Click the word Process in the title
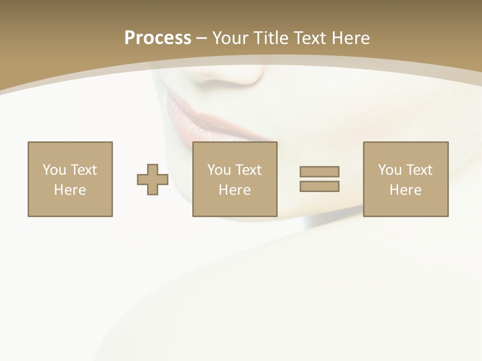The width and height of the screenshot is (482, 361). [x=158, y=38]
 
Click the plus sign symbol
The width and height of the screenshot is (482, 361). [x=153, y=179]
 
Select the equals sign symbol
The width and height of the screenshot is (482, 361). [x=319, y=179]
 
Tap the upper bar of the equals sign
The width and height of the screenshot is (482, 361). [x=319, y=171]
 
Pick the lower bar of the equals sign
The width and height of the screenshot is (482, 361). [x=319, y=186]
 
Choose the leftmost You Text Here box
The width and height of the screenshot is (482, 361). [x=70, y=179]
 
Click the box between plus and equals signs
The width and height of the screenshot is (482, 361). [x=235, y=179]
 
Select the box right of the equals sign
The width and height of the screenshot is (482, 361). [x=406, y=179]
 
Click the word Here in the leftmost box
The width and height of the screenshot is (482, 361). [x=70, y=190]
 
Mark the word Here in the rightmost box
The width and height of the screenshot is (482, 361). [x=406, y=190]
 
